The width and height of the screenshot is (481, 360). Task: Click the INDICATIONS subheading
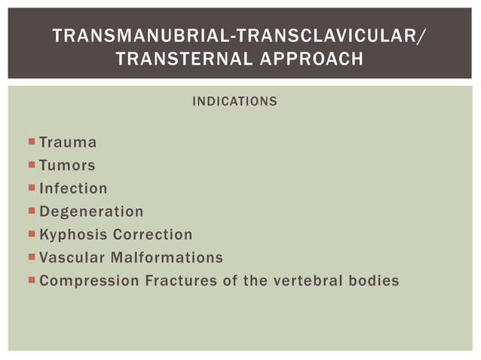pyautogui.click(x=234, y=101)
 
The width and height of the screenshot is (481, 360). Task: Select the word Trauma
pyautogui.click(x=68, y=142)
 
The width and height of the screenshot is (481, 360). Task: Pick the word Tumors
pyautogui.click(x=67, y=165)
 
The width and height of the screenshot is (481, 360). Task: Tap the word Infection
pyautogui.click(x=73, y=188)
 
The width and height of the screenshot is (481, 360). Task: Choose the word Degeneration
pyautogui.click(x=91, y=212)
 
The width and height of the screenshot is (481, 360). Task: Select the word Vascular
pyautogui.click(x=70, y=258)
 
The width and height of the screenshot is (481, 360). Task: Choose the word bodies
pyautogui.click(x=374, y=281)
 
